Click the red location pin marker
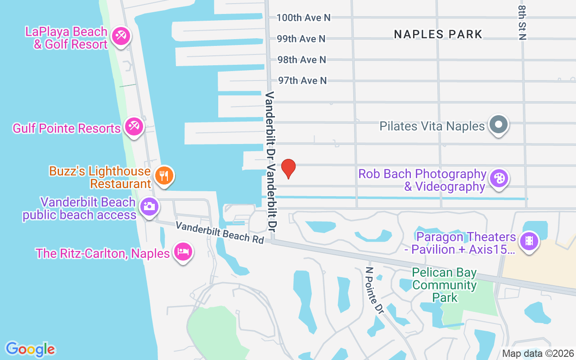tap(288, 168)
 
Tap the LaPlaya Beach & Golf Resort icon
tap(121, 36)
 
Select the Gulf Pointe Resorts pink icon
tap(134, 126)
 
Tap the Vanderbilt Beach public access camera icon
tap(148, 207)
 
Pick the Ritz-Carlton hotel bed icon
tap(183, 251)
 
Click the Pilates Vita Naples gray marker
tap(498, 124)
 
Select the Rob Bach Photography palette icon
tap(498, 178)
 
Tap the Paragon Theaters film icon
tap(529, 241)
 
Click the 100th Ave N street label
tap(303, 18)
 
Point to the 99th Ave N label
tap(301, 39)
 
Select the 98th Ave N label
tap(301, 59)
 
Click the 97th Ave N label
tap(302, 81)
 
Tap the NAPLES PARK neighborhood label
tap(438, 34)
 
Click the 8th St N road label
tap(522, 22)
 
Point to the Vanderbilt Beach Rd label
tap(220, 232)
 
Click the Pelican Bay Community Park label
tap(444, 285)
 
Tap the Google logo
tap(30, 349)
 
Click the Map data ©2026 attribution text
tap(538, 353)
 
